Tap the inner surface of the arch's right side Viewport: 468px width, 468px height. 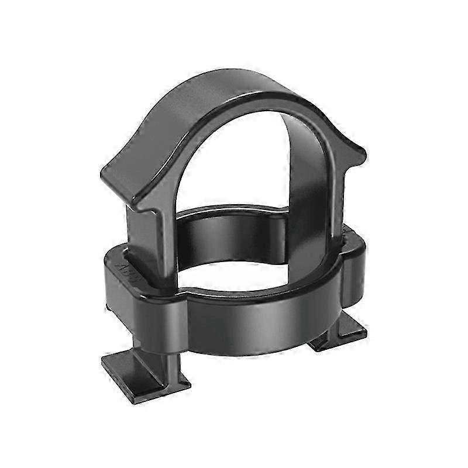pyautogui.click(x=304, y=193)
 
